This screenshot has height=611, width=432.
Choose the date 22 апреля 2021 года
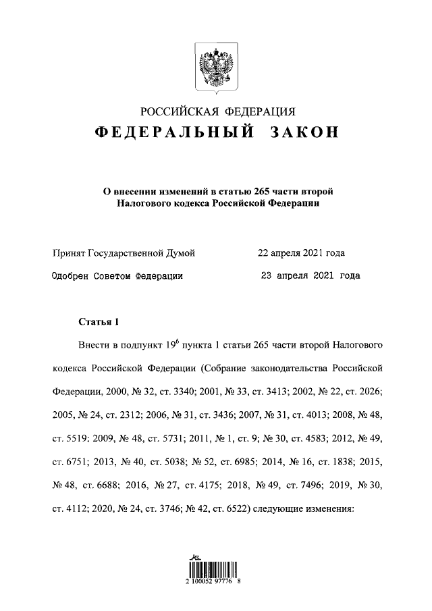(301, 253)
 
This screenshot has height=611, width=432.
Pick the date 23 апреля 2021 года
(310, 275)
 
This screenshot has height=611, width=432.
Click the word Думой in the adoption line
(180, 253)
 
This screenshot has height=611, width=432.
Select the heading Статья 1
(98, 322)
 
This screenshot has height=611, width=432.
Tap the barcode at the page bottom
(215, 568)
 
